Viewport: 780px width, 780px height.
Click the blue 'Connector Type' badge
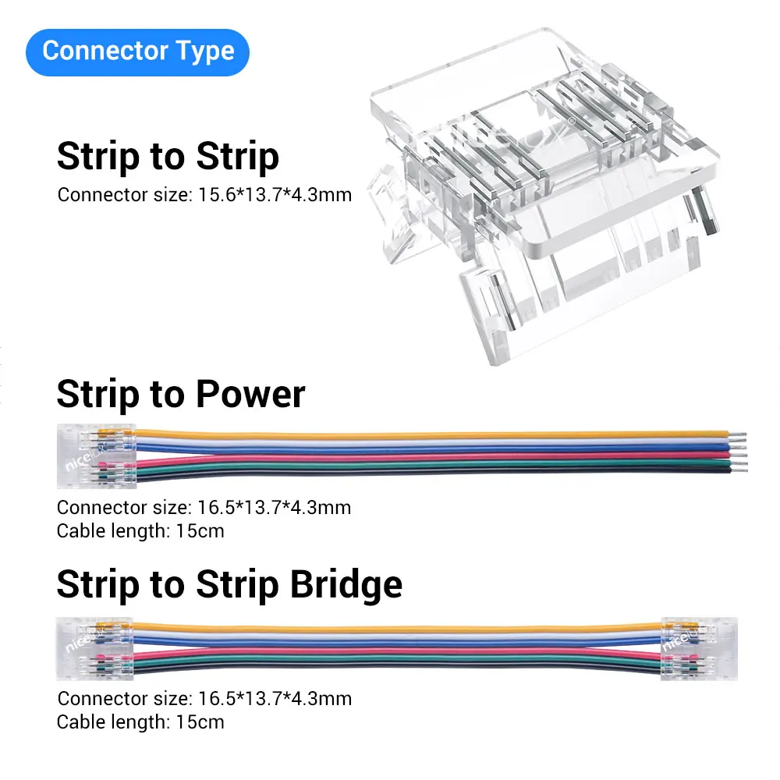[x=138, y=51]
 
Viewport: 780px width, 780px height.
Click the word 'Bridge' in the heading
[x=346, y=584]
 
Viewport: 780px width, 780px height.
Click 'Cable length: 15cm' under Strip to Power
[x=140, y=531]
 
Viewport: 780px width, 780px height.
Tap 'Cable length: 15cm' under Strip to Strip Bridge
[x=140, y=721]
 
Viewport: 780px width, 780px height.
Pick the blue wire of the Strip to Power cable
[x=429, y=447]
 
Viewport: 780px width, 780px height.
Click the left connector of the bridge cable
[x=96, y=647]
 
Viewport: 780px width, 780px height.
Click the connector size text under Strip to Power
[x=204, y=508]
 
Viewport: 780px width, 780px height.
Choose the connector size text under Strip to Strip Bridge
[x=204, y=698]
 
